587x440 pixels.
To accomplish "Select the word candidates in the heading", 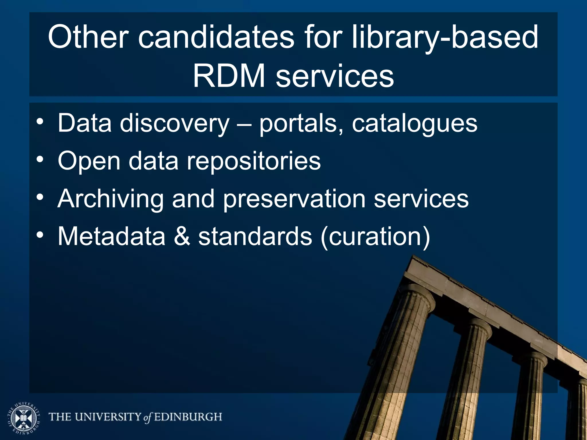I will click(216, 37).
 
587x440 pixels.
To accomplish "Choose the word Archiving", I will click(110, 199).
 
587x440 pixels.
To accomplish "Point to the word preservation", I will click(294, 199).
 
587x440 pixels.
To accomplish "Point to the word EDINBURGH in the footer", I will click(188, 417).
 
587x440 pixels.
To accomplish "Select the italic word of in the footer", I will click(147, 417).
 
